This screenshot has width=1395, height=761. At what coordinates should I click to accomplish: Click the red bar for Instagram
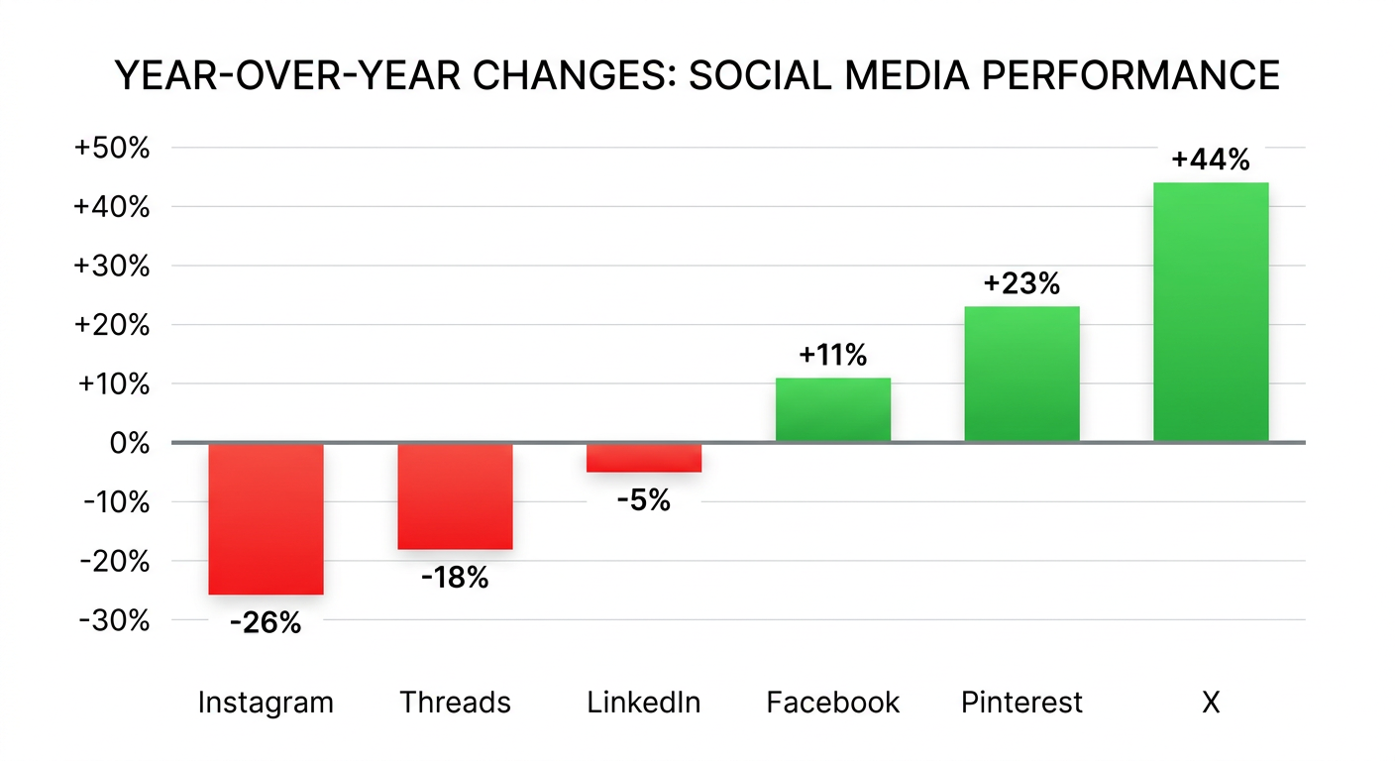click(266, 518)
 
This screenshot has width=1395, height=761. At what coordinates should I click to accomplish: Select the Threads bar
click(455, 495)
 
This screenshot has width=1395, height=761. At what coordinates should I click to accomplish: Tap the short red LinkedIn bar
click(644, 458)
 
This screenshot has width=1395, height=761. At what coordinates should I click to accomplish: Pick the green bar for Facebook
click(832, 409)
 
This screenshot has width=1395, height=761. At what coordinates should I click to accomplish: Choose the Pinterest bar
click(1021, 374)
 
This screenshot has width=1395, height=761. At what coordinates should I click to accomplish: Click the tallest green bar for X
click(1211, 311)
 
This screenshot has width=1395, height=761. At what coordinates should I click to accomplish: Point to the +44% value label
click(1211, 160)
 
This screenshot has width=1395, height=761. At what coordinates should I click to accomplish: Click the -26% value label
click(265, 623)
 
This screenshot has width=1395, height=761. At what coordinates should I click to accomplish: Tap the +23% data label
click(1021, 284)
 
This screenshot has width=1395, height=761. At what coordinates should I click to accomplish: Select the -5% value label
click(643, 501)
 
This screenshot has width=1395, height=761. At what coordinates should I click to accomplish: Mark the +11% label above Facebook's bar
click(832, 355)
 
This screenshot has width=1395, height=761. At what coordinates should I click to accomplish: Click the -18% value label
click(454, 578)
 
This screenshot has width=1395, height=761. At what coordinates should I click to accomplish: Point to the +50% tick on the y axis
click(112, 149)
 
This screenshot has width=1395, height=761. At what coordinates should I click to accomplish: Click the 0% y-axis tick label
click(128, 443)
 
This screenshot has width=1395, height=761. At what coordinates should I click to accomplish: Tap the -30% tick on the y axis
click(116, 620)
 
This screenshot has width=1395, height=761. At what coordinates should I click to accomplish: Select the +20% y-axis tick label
click(112, 326)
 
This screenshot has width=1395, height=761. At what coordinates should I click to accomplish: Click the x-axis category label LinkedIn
click(644, 704)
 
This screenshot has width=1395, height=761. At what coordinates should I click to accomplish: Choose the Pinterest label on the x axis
click(1021, 704)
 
